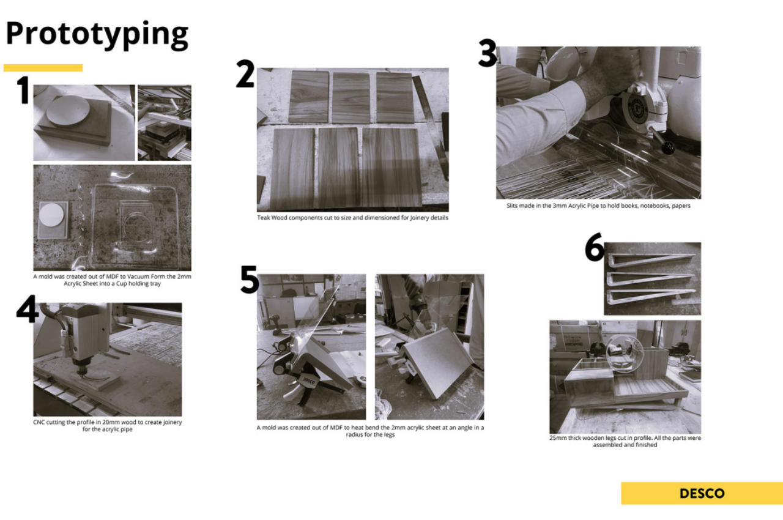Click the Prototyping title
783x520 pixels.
(x=97, y=35)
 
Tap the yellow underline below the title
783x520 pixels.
(x=43, y=68)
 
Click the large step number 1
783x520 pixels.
(x=24, y=90)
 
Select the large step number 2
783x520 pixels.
(x=245, y=74)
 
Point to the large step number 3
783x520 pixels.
(x=488, y=53)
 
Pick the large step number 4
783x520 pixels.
(x=27, y=308)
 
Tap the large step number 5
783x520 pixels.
(x=250, y=279)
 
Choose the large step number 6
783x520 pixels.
(x=595, y=247)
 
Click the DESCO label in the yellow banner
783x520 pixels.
(x=702, y=493)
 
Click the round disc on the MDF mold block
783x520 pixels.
(x=68, y=111)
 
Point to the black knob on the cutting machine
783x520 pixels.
(x=667, y=148)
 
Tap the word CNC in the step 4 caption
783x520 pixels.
(x=39, y=422)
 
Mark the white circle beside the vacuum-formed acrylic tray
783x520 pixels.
(x=51, y=215)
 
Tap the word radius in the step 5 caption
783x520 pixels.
(x=354, y=435)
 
